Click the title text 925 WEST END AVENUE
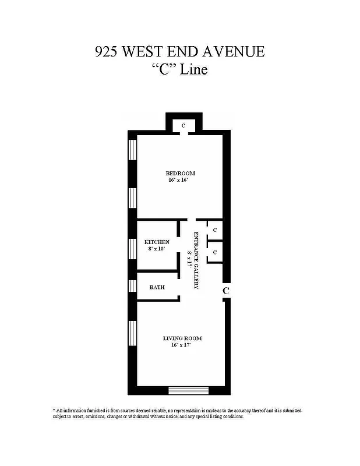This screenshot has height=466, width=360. tap(179, 52)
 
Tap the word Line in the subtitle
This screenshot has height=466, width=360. tap(195, 70)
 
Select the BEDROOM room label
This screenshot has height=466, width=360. tap(180, 173)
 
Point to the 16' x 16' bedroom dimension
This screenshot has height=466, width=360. tap(180, 181)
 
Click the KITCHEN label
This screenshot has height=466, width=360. tap(157, 242)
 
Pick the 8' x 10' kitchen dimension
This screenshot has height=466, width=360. tap(156, 249)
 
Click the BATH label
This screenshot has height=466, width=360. tap(157, 287)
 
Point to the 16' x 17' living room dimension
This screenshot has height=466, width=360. tap(182, 345)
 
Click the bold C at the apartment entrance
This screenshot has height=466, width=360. tap(226, 290)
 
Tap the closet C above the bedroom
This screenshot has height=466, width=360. tap(183, 125)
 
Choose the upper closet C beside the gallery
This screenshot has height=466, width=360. tap(215, 230)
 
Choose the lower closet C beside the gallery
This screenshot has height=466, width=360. tap(215, 252)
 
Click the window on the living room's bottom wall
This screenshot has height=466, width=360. tap(188, 391)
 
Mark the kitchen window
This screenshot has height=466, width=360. tap(133, 248)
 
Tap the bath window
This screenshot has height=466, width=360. tap(133, 287)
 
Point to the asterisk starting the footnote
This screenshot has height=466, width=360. tap(54, 411)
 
